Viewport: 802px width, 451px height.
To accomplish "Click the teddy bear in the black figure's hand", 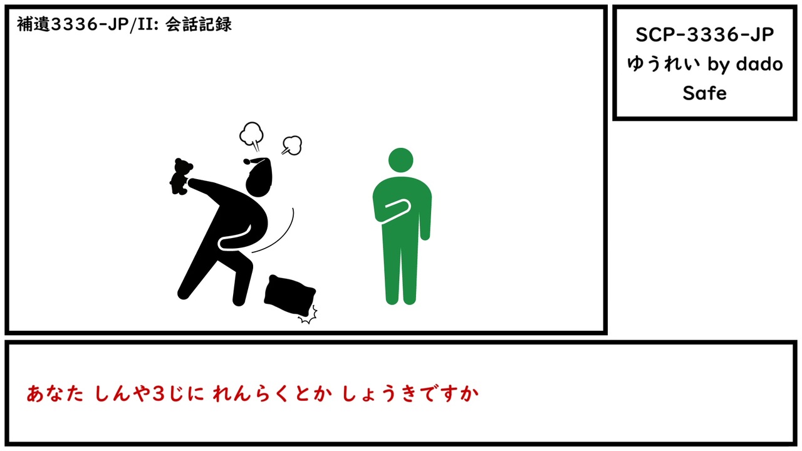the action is click(181, 177).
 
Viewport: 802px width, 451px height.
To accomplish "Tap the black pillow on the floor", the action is click(289, 295).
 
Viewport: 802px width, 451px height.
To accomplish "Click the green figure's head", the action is click(400, 160).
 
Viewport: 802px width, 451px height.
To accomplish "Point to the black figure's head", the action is click(259, 181).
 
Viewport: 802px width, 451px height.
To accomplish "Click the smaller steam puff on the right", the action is click(293, 145).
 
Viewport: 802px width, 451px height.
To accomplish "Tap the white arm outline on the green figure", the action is click(397, 211).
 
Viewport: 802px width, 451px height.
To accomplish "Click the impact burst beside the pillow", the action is click(309, 315).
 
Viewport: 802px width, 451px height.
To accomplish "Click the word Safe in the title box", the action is click(704, 93).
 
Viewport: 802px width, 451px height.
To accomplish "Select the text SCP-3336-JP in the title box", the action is click(705, 34).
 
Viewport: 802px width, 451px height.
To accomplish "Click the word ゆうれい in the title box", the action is click(664, 64).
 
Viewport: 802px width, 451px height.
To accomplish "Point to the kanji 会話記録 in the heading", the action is click(199, 24).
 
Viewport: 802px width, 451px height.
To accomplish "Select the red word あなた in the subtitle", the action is click(55, 394).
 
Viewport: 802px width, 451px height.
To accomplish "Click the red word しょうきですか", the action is click(410, 394).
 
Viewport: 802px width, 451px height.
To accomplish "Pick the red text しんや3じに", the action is click(149, 394).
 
